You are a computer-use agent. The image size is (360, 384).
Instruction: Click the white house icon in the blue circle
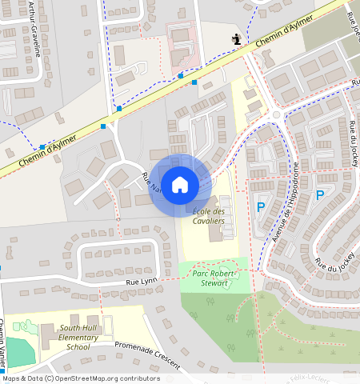tap(180, 185)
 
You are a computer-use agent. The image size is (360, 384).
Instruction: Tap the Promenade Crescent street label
tap(146, 358)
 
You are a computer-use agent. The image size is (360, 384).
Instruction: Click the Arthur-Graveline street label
tap(35, 30)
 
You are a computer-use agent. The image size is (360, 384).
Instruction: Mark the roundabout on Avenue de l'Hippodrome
tap(277, 114)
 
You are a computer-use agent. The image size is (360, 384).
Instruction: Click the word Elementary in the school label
tap(78, 337)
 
